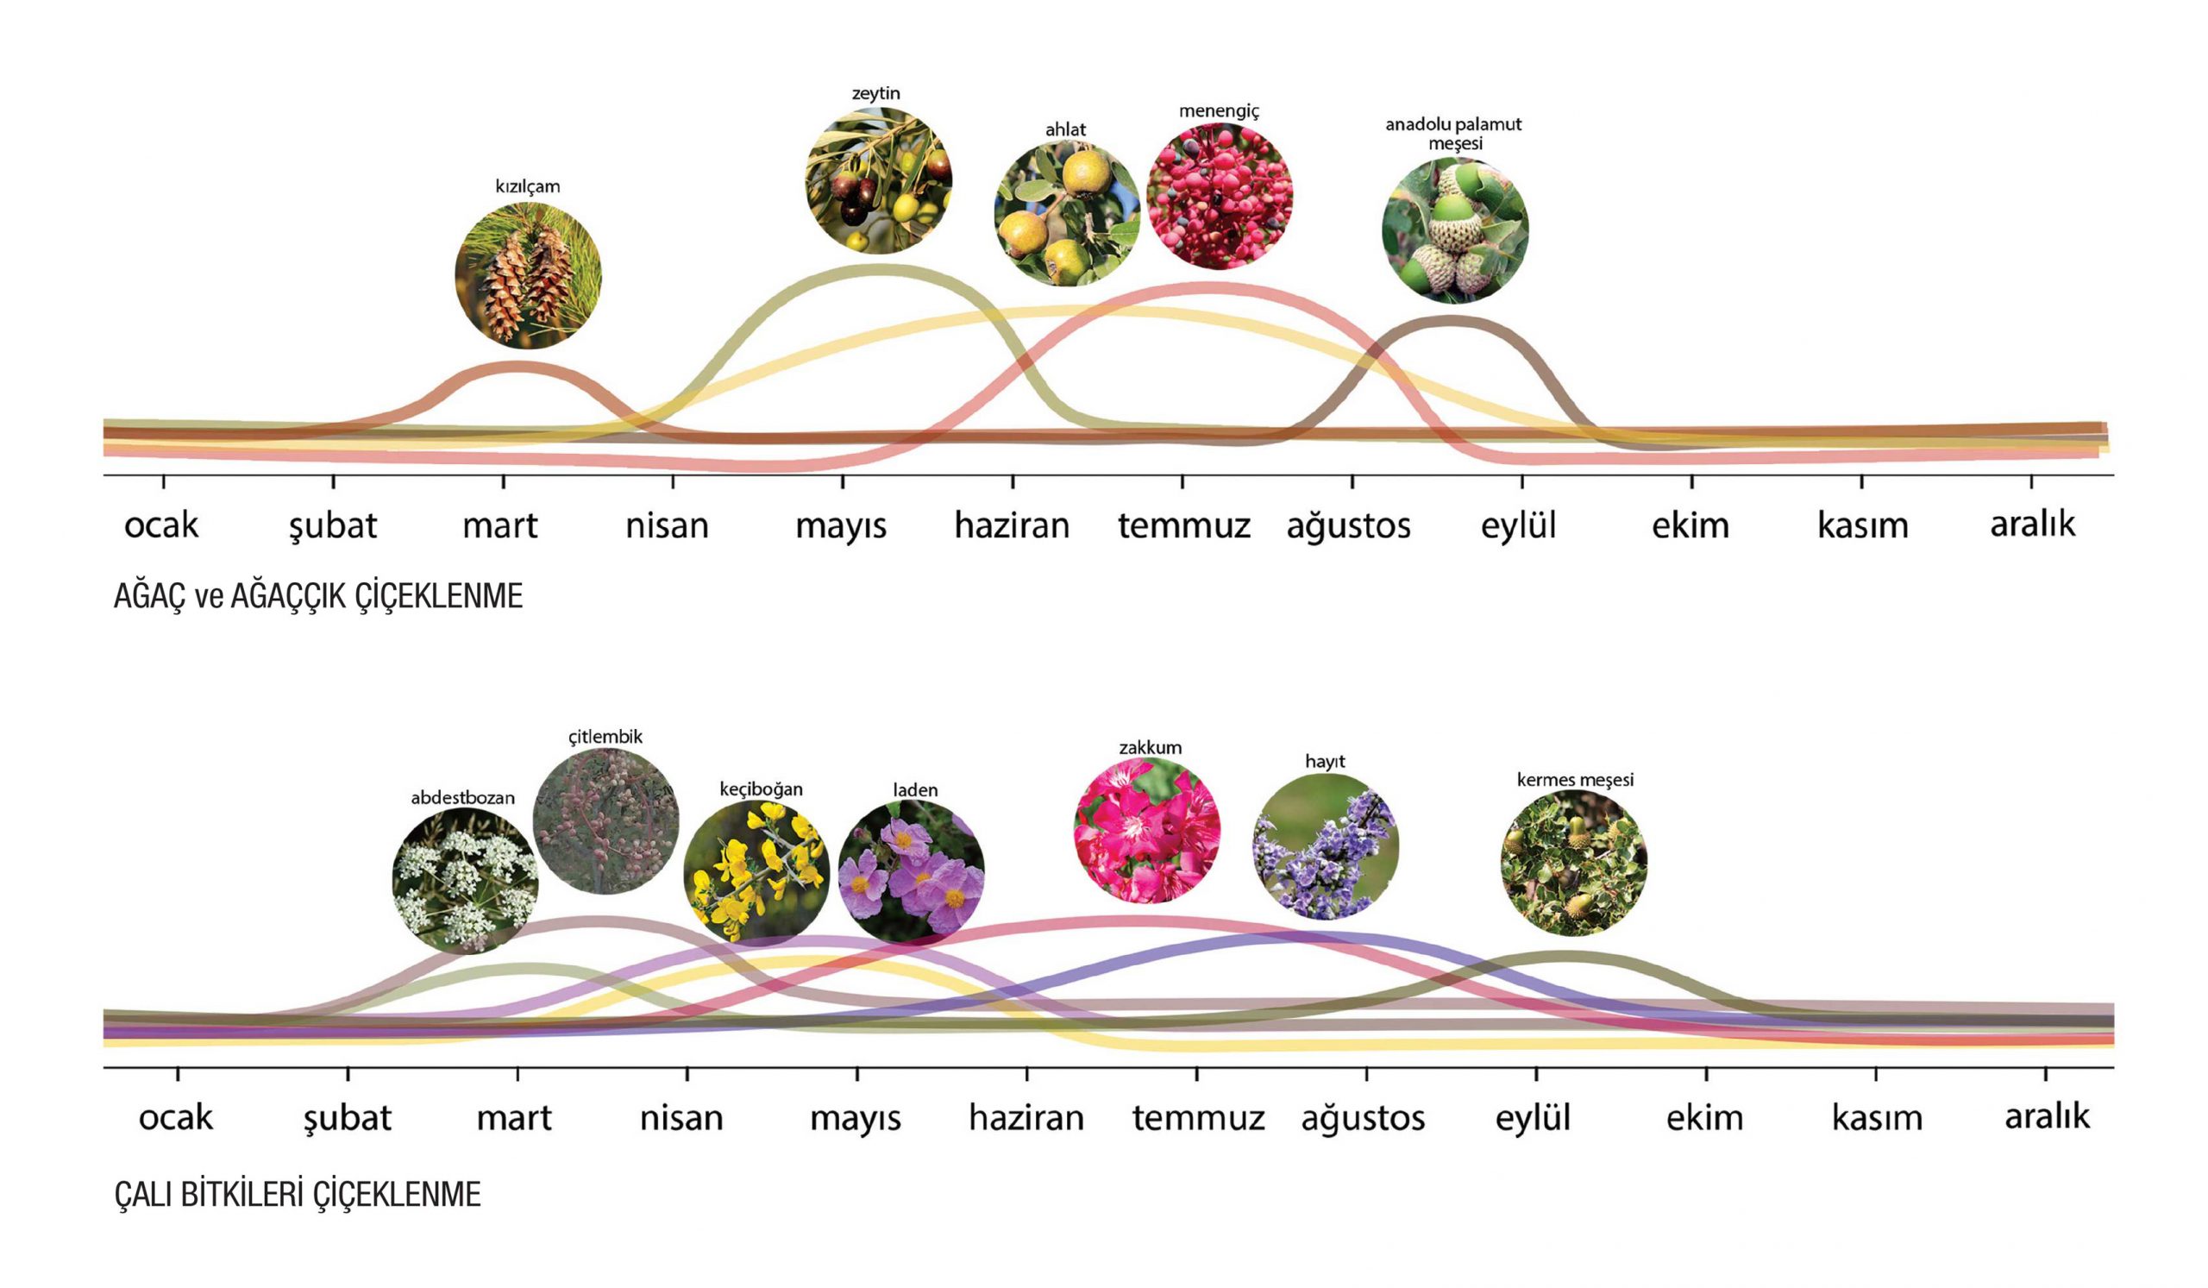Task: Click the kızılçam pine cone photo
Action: [529, 275]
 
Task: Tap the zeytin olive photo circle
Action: [878, 180]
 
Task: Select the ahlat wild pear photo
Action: [1066, 214]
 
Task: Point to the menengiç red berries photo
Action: [1219, 195]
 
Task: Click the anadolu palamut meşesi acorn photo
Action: [1454, 230]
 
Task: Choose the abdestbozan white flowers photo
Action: [464, 880]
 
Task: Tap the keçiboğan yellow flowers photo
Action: [756, 873]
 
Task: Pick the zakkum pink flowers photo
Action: [1146, 831]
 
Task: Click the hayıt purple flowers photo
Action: [1325, 846]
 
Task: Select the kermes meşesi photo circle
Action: [1574, 862]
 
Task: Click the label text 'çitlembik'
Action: [605, 737]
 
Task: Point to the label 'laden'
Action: [915, 790]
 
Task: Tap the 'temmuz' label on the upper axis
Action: [1183, 525]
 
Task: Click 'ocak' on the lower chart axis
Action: [175, 1118]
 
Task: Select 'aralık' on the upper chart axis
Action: [2032, 524]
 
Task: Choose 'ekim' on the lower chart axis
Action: [1704, 1118]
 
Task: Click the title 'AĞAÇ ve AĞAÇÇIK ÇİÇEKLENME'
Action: [318, 596]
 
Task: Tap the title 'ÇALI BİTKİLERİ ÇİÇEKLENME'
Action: [297, 1194]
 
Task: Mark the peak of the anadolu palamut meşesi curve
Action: [1450, 322]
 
